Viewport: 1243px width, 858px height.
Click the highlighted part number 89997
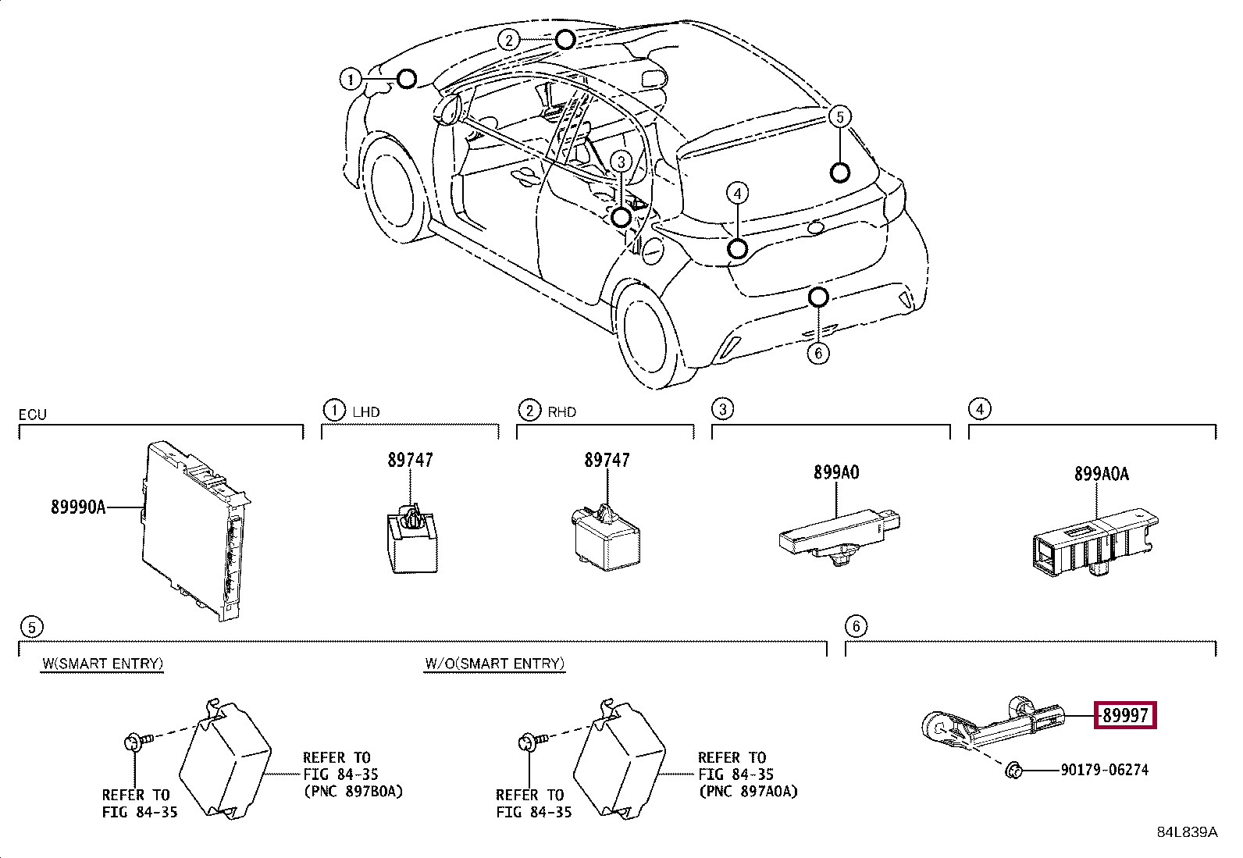point(1125,715)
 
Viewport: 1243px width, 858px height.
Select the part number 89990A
point(78,507)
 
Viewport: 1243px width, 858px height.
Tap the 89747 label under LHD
point(410,460)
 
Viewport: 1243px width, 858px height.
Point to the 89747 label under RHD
point(607,460)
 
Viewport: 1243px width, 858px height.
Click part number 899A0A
point(1102,474)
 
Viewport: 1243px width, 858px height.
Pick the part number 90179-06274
point(1104,770)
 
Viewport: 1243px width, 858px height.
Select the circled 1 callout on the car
point(350,80)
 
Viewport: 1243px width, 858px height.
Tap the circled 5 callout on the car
point(839,117)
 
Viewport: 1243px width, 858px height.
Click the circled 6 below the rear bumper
point(818,353)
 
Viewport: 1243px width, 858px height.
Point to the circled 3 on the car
point(621,162)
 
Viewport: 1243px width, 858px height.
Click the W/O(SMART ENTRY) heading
point(494,664)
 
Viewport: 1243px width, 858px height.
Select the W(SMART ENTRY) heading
point(102,664)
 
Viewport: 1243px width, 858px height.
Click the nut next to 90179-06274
point(1013,771)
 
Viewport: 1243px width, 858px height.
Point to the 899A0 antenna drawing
point(839,536)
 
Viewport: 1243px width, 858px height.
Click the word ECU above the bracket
point(33,415)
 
